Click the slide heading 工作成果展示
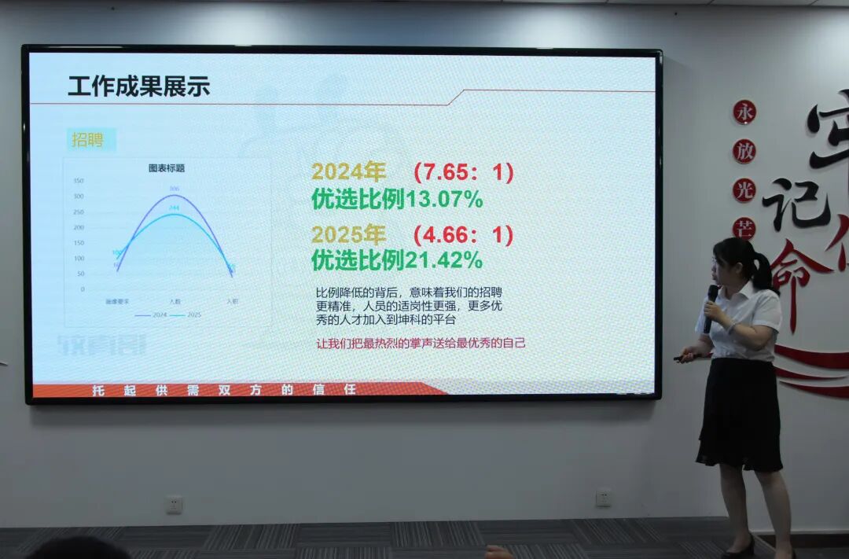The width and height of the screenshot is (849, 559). (138, 86)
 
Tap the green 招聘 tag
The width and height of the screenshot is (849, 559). (87, 140)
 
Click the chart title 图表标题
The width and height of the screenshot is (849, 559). (167, 167)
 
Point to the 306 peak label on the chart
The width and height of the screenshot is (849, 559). (175, 189)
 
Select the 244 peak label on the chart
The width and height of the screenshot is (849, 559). (175, 208)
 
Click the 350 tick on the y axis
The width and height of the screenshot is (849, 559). (79, 181)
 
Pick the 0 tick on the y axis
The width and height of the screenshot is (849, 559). (82, 289)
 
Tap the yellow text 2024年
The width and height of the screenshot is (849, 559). (348, 172)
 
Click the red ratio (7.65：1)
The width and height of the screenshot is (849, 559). (464, 172)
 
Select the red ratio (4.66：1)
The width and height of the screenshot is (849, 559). (464, 234)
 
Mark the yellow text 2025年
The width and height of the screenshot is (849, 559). (348, 234)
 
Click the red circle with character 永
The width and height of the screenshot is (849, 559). (744, 112)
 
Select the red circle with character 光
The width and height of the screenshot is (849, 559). (744, 189)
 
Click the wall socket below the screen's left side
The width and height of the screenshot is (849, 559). (174, 504)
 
